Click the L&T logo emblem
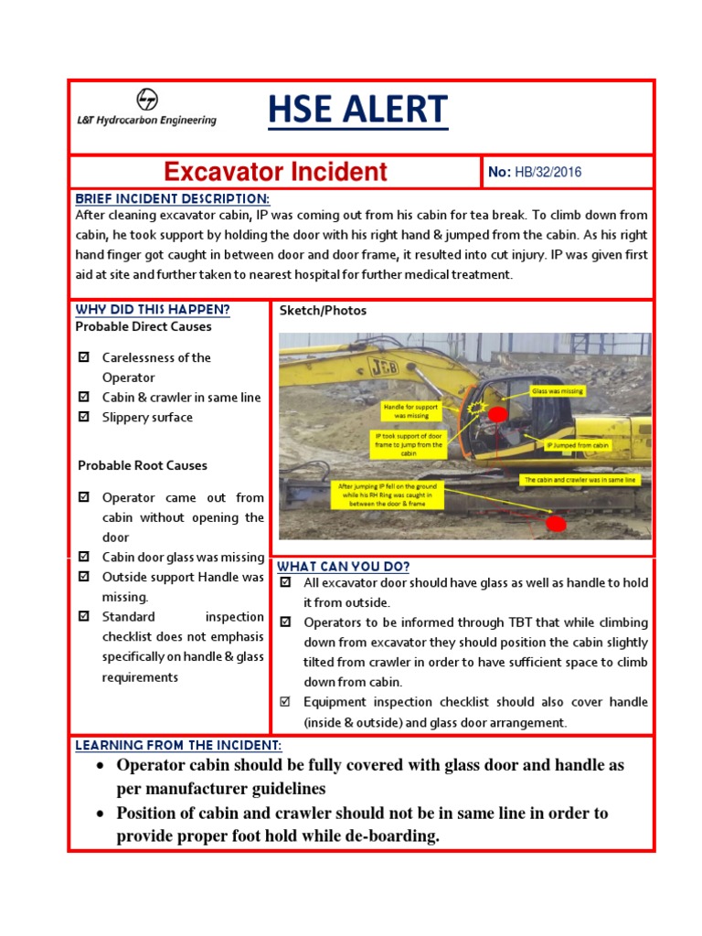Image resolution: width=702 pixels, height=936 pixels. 146,100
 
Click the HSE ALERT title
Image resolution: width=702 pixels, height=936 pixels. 357,111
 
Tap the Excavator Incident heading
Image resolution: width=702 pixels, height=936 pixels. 275,172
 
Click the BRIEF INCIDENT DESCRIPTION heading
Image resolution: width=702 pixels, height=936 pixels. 172,199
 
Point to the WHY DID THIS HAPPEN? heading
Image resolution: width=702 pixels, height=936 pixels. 153,310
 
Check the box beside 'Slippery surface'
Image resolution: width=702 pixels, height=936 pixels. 84,418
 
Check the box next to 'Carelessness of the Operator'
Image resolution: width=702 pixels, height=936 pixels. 84,357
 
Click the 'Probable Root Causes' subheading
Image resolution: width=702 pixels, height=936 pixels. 143,465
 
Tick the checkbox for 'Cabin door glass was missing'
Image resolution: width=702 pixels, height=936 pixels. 84,557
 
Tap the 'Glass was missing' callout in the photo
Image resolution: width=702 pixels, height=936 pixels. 558,391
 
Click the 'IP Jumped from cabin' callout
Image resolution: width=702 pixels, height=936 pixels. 577,446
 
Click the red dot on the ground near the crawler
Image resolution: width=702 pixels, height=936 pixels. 555,524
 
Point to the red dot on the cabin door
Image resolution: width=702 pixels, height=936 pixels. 497,416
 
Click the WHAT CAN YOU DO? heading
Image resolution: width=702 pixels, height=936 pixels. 344,566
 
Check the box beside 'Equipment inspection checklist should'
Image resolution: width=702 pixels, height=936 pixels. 285,702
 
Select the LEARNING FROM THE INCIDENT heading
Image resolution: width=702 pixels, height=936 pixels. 178,746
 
